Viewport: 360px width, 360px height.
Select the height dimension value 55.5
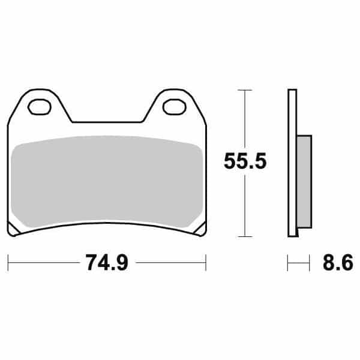tap(245, 161)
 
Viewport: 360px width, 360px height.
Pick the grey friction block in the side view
tap(304, 182)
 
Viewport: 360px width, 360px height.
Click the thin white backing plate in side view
tap(292, 162)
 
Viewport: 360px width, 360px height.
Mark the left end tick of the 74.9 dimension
tap(8, 262)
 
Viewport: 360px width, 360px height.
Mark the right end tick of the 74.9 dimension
tap(206, 262)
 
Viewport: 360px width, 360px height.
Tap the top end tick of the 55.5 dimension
tap(244, 89)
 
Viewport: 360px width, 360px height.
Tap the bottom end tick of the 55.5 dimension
tap(244, 236)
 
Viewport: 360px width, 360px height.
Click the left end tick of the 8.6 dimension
tap(289, 262)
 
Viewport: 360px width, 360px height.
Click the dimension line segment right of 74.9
tap(171, 262)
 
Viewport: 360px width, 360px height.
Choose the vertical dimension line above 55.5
tap(244, 120)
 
